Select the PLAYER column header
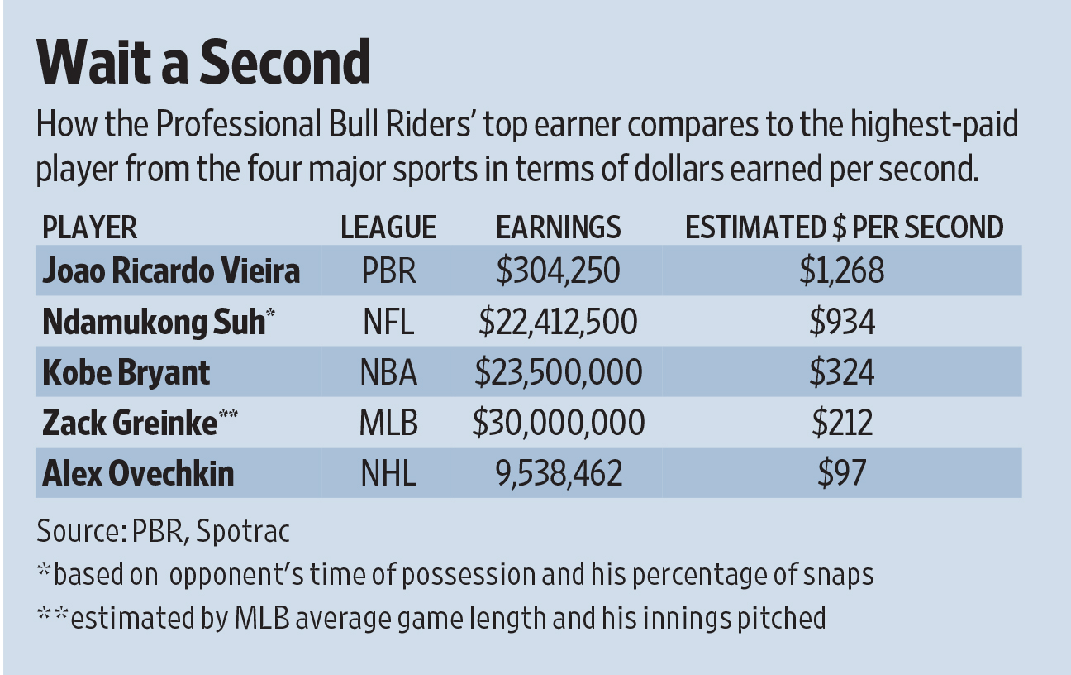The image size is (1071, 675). [89, 227]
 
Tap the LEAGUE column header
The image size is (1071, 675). [388, 227]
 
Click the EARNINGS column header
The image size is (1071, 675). [558, 227]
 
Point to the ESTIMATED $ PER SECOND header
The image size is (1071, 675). [844, 227]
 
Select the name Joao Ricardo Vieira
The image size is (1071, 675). [171, 271]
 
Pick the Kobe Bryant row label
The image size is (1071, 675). [126, 372]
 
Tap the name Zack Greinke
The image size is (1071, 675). [131, 423]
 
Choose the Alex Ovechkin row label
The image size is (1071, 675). [138, 473]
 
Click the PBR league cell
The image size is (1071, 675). [388, 271]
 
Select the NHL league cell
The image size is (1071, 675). [388, 473]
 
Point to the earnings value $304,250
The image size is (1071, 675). [558, 271]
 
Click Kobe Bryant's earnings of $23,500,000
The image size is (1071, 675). [558, 372]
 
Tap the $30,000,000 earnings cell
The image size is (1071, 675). [558, 423]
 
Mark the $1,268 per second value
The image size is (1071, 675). [842, 271]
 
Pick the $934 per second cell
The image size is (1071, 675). [842, 322]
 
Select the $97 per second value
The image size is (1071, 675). [842, 473]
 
